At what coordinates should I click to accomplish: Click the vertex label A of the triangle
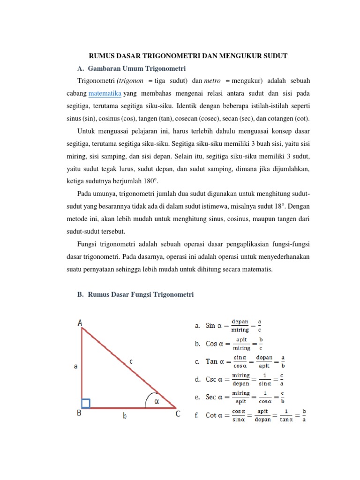81,322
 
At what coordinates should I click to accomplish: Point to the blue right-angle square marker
86,403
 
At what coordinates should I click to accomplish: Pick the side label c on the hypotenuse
131,361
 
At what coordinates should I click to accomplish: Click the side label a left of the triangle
75,367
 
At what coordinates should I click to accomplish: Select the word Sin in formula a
211,325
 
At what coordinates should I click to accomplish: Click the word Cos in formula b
211,344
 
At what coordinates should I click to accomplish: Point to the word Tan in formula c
212,361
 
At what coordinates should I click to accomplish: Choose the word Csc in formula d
211,379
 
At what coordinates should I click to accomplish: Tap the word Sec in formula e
211,397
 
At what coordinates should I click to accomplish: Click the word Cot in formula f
211,415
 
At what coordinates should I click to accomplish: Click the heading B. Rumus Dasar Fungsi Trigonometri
135,294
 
